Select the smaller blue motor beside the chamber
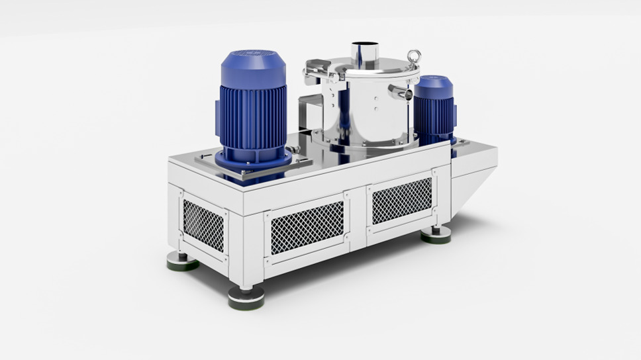pos(434,109)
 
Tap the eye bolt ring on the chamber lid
pos(415,57)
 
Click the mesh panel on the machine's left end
pos(203,226)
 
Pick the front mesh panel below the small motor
pos(401,201)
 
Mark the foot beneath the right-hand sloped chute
pos(436,234)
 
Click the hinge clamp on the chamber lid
pos(317,69)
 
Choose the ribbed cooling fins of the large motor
pos(255,119)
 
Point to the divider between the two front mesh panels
pos(356,215)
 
